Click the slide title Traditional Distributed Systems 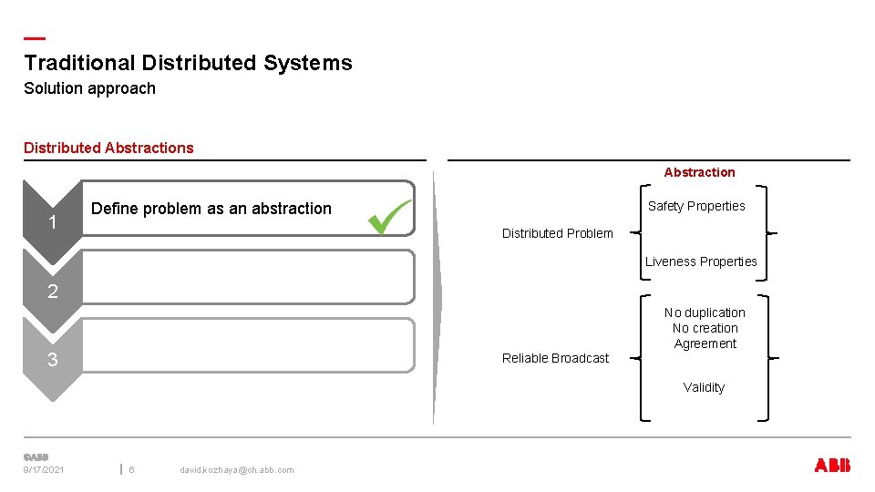click(188, 63)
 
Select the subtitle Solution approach click(89, 88)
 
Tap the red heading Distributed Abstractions click(108, 148)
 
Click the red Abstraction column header click(699, 172)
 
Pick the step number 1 click(54, 223)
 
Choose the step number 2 click(53, 292)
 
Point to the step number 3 click(53, 360)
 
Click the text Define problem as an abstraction click(211, 209)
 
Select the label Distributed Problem click(557, 233)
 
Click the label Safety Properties click(696, 206)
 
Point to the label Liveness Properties click(701, 261)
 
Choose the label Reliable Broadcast click(555, 358)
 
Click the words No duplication click(705, 313)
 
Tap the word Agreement click(705, 343)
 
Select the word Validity click(704, 387)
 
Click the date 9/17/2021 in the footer click(45, 469)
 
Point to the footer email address click(236, 469)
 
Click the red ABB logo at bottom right click(831, 466)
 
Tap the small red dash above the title click(34, 38)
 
